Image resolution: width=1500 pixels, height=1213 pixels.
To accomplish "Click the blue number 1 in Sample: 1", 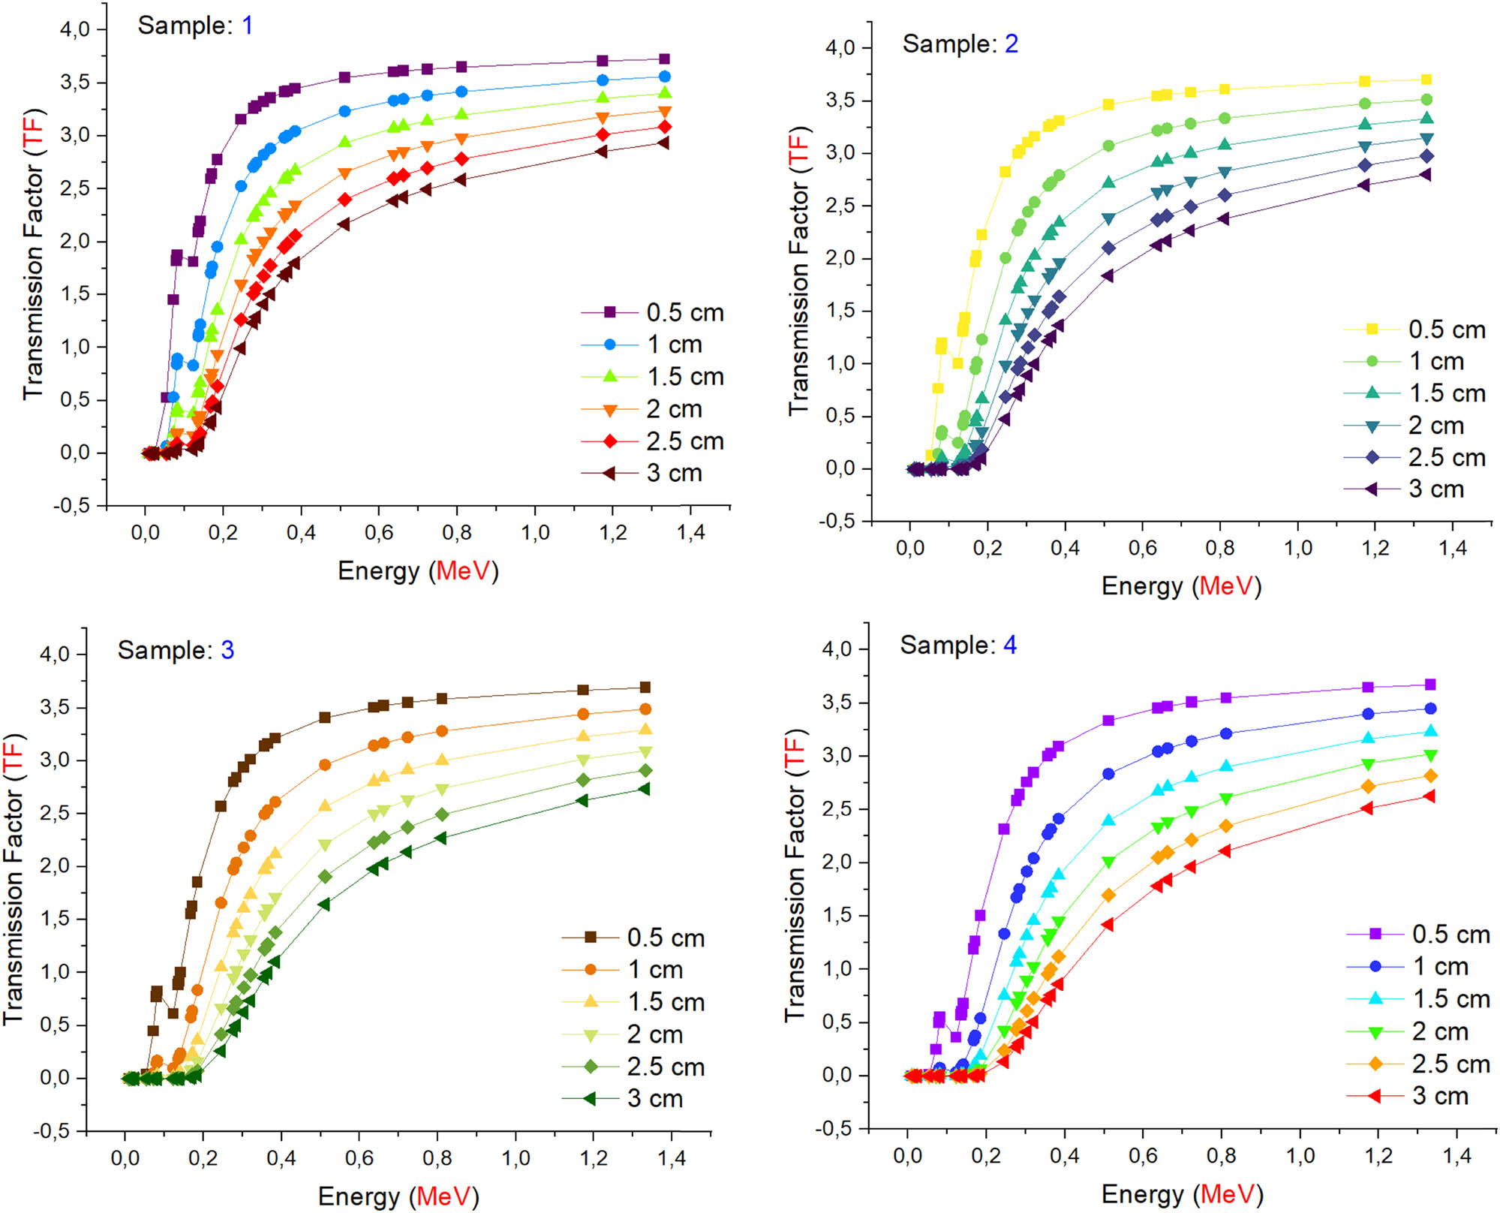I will pyautogui.click(x=248, y=26).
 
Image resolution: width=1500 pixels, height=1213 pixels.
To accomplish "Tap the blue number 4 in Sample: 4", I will pyautogui.click(x=1010, y=646).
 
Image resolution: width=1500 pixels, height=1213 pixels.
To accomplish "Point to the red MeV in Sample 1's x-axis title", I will pyautogui.click(x=464, y=571).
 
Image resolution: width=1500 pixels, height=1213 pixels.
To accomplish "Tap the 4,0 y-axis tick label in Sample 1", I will pyautogui.click(x=74, y=29).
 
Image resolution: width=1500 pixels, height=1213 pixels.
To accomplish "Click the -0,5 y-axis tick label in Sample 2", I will pyautogui.click(x=836, y=521).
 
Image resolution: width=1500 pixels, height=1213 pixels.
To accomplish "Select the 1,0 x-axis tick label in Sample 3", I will pyautogui.click(x=516, y=1158).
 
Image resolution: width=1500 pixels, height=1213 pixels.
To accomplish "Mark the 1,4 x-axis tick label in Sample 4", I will pyautogui.click(x=1456, y=1156).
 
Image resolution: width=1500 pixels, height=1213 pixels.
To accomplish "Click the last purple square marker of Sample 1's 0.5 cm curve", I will pyautogui.click(x=664, y=59).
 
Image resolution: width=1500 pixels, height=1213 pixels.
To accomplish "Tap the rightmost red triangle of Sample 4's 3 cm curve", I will pyautogui.click(x=1429, y=796).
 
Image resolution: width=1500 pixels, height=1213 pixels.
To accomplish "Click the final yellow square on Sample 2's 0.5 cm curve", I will pyautogui.click(x=1426, y=80).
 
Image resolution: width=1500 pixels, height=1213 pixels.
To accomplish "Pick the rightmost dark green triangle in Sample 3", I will pyautogui.click(x=644, y=789).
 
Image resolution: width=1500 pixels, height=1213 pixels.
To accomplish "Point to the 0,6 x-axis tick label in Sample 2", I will pyautogui.click(x=1142, y=548).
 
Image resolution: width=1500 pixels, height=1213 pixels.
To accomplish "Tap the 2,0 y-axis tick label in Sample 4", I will pyautogui.click(x=837, y=862).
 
